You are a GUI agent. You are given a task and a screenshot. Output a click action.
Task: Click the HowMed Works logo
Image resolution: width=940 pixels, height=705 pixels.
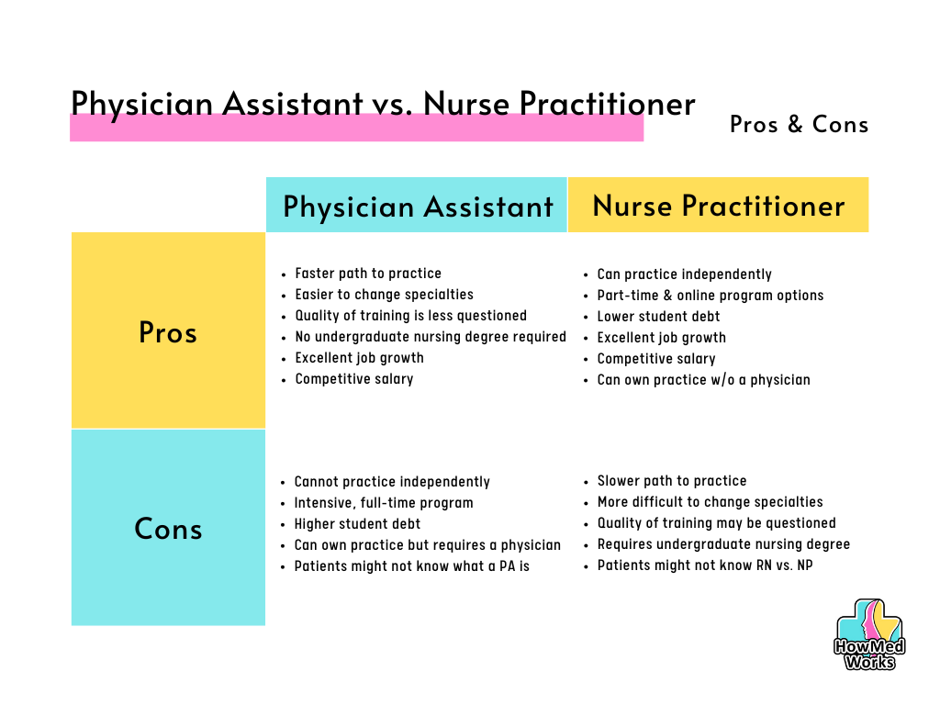(x=869, y=634)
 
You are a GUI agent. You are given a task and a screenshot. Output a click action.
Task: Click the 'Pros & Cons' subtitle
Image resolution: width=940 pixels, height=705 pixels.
(x=800, y=124)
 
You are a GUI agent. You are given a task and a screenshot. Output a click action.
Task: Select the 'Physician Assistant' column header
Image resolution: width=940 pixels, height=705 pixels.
(x=418, y=207)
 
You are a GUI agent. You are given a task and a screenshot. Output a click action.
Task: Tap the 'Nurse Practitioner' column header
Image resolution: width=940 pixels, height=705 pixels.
(x=719, y=206)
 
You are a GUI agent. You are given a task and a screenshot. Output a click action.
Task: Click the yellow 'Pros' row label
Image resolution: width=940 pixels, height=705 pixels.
(x=168, y=332)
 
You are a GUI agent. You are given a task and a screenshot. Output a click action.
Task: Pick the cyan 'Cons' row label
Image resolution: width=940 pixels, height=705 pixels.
(x=168, y=529)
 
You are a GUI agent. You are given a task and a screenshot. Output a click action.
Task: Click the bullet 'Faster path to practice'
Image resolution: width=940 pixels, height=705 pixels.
(x=368, y=274)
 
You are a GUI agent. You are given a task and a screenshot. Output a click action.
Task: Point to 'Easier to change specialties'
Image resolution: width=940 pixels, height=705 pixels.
(x=385, y=295)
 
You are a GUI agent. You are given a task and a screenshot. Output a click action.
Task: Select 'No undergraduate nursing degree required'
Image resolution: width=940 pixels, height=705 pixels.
(x=431, y=337)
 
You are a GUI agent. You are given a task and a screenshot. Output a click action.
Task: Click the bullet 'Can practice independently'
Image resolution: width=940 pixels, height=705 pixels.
(x=685, y=274)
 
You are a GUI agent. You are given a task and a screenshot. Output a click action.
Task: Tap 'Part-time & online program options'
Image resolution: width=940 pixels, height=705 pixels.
(x=711, y=296)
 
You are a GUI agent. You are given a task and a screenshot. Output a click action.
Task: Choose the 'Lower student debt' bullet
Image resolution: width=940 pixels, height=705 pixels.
(x=658, y=316)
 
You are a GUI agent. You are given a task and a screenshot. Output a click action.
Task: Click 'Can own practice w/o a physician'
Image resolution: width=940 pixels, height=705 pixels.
(x=704, y=379)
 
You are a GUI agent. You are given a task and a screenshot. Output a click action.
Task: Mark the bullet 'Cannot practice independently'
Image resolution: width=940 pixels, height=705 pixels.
(x=392, y=482)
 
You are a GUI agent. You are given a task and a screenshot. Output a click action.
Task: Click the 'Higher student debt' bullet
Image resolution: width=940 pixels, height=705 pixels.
(x=357, y=524)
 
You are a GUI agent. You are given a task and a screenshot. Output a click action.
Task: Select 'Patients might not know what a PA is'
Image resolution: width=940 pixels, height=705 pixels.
(x=412, y=565)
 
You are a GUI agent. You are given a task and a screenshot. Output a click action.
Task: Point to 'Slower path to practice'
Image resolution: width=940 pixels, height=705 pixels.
(x=672, y=481)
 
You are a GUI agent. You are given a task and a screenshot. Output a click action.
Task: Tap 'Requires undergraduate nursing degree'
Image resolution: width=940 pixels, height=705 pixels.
(x=723, y=544)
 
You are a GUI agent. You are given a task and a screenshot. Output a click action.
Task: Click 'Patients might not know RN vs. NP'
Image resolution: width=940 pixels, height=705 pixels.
(x=705, y=565)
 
